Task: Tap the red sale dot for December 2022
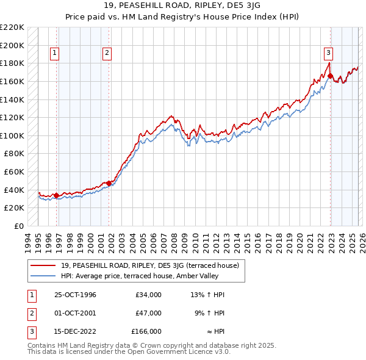(x=329, y=76)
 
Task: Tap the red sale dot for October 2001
(x=109, y=183)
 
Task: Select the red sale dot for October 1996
(x=57, y=195)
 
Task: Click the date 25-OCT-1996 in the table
(x=76, y=295)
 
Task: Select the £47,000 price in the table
(x=148, y=313)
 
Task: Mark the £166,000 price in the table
(x=146, y=331)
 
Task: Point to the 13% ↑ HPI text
(x=208, y=295)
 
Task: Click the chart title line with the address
(x=182, y=8)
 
